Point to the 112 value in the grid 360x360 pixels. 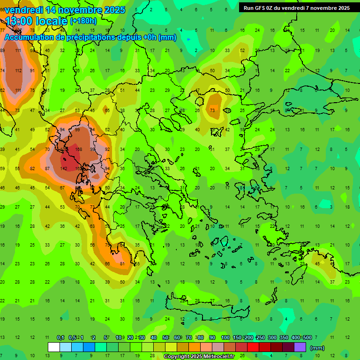tap(18, 71)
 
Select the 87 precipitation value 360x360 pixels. tap(47, 169)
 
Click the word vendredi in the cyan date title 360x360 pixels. tap(24, 10)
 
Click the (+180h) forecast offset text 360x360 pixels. tap(83, 21)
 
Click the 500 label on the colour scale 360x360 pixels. tap(307, 337)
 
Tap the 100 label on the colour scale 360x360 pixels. tap(225, 337)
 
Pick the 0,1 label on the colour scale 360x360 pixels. tap(60, 337)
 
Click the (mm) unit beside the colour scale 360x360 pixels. tap(317, 348)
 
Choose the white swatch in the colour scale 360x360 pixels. tap(54, 347)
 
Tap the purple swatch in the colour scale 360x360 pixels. tap(300, 347)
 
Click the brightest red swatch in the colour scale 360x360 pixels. tap(253, 347)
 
